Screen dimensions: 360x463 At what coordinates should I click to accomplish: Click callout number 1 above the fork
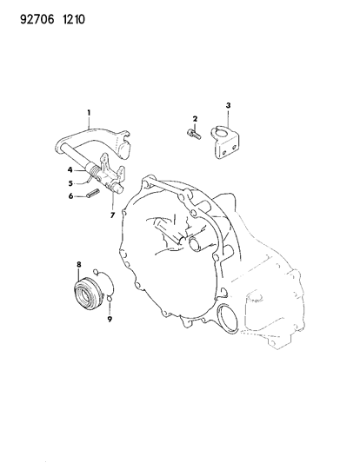click(x=89, y=113)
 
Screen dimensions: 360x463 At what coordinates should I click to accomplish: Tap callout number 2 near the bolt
click(x=195, y=119)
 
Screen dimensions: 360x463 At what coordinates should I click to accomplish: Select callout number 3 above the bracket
click(x=228, y=105)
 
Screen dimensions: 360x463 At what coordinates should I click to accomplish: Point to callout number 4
click(x=70, y=169)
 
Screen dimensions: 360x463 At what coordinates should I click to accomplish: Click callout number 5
click(x=70, y=183)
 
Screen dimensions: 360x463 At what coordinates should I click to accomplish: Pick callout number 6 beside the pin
click(x=70, y=195)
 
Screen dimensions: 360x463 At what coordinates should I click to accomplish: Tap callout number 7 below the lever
click(x=112, y=215)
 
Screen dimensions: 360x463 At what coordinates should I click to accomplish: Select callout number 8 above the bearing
click(x=79, y=265)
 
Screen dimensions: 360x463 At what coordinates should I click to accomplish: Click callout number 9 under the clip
click(x=110, y=319)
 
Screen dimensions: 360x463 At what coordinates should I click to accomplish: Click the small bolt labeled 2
click(x=194, y=134)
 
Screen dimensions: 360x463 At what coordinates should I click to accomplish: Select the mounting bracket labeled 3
click(x=225, y=142)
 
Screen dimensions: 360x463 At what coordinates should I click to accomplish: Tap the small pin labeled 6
click(x=93, y=194)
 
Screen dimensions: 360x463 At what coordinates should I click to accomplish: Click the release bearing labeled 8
click(x=89, y=294)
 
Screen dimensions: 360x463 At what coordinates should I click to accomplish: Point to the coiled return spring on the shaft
click(x=95, y=171)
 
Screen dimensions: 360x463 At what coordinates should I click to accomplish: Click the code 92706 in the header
click(x=37, y=20)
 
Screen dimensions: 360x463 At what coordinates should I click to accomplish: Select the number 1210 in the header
click(x=74, y=20)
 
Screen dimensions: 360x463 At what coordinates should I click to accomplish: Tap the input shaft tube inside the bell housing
click(x=197, y=243)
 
